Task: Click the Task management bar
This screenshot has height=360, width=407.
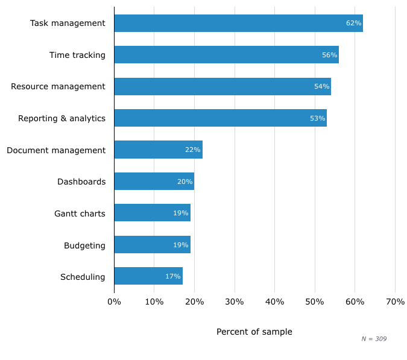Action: click(x=238, y=23)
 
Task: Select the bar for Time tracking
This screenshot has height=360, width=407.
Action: click(x=226, y=55)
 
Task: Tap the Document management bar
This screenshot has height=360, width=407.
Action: click(x=158, y=150)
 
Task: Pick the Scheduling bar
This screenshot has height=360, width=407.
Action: click(x=148, y=276)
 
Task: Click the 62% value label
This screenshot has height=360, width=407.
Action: click(x=353, y=23)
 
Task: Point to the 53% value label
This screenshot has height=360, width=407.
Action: click(x=317, y=118)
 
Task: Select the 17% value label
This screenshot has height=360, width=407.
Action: click(x=173, y=276)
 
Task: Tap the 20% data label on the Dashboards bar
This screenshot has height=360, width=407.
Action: click(x=185, y=182)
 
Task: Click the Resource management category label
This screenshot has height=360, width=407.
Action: click(x=58, y=86)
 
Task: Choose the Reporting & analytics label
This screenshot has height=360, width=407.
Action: click(x=62, y=118)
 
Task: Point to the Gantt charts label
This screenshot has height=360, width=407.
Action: click(x=80, y=213)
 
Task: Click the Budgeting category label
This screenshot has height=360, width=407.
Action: click(x=84, y=245)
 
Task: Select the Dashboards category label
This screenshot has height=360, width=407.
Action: click(x=81, y=182)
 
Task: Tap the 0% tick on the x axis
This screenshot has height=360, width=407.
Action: click(x=114, y=302)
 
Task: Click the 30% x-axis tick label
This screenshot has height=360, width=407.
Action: click(x=235, y=302)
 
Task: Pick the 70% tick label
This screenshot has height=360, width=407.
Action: click(x=395, y=302)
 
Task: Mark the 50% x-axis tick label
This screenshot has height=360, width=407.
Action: click(x=315, y=302)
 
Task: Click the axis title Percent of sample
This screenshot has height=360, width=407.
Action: click(x=254, y=332)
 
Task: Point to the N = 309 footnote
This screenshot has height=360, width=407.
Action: click(x=374, y=339)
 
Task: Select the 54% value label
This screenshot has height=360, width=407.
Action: click(x=321, y=86)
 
